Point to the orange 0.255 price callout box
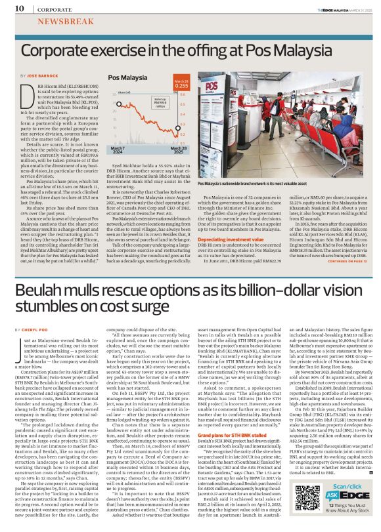[x=182, y=85]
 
